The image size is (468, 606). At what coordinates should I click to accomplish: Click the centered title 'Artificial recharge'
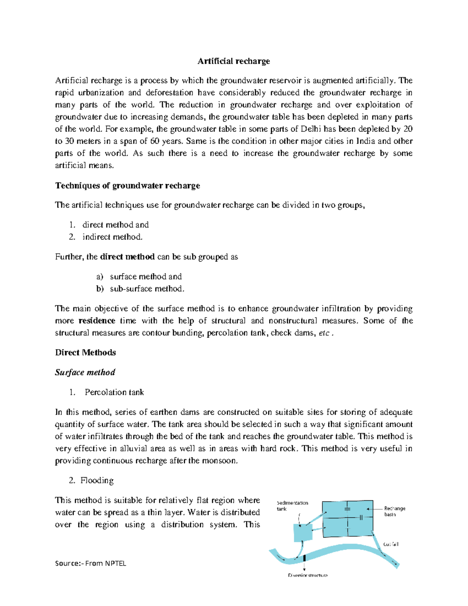pyautogui.click(x=234, y=61)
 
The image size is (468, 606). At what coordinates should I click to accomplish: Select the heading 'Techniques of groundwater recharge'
pyautogui.click(x=128, y=185)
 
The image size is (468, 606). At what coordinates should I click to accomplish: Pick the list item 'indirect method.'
pyautogui.click(x=112, y=237)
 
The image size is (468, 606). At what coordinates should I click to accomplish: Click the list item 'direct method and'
pyautogui.click(x=115, y=225)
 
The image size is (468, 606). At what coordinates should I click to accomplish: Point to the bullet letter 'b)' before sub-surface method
pyautogui.click(x=100, y=289)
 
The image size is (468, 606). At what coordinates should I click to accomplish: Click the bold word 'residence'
pyautogui.click(x=97, y=321)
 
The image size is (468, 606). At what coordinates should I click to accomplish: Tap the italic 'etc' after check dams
pyautogui.click(x=324, y=333)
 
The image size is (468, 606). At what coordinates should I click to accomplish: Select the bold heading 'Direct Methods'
pyautogui.click(x=85, y=352)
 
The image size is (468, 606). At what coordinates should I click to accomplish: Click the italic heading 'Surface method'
pyautogui.click(x=85, y=372)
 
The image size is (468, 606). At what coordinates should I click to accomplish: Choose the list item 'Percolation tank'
pyautogui.click(x=114, y=392)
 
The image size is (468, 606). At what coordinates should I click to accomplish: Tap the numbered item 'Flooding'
pyautogui.click(x=97, y=480)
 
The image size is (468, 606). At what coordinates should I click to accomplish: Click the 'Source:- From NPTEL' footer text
pyautogui.click(x=90, y=563)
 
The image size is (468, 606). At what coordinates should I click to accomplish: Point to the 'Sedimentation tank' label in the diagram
pyautogui.click(x=292, y=506)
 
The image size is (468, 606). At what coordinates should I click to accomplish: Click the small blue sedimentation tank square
pyautogui.click(x=303, y=532)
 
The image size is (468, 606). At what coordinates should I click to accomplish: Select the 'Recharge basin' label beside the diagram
pyautogui.click(x=394, y=511)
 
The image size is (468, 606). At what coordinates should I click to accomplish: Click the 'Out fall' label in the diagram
pyautogui.click(x=390, y=544)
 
